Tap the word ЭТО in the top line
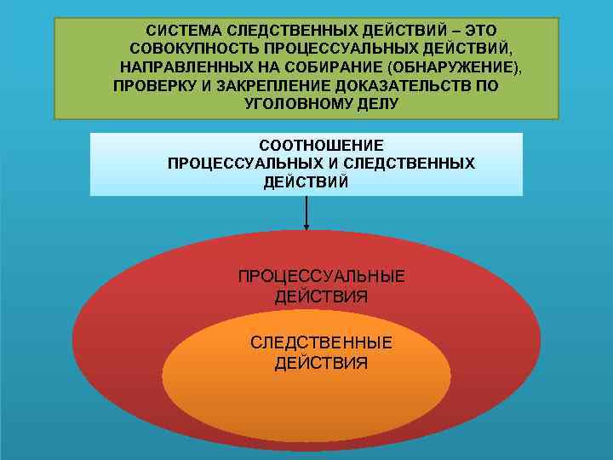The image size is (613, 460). coord(478,30)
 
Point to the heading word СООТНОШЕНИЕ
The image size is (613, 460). coord(322,146)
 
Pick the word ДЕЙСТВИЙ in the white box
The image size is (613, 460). coord(306,181)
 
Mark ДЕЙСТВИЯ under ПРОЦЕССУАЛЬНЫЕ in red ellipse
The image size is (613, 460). coord(321,296)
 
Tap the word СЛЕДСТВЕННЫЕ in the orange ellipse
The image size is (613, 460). coord(321,342)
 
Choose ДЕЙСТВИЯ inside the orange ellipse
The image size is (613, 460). coord(321,363)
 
